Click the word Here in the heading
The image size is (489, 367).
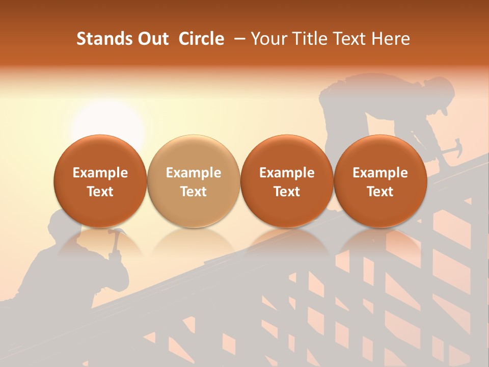coord(391,39)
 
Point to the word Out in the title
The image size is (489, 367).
coord(152,39)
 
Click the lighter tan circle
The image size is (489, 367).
coord(194,181)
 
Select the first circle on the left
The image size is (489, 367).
coord(100,181)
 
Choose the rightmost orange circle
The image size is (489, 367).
coord(380,181)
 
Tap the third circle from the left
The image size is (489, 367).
coord(287,181)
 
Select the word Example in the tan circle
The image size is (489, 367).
coord(194,173)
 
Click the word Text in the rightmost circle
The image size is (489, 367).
coord(380,192)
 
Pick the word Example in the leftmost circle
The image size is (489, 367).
coord(100,173)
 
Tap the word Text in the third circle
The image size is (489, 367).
coord(287,192)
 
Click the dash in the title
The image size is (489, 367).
coord(237,39)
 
